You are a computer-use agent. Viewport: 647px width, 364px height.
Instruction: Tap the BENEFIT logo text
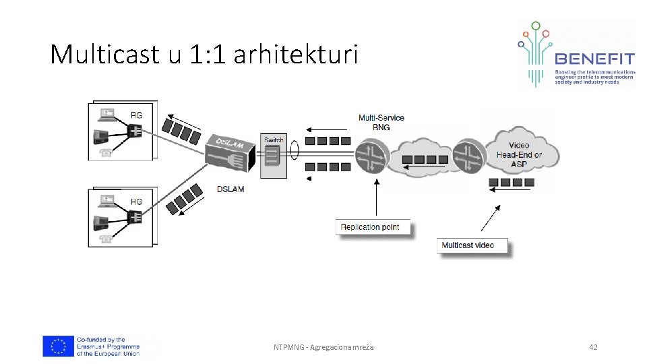pyautogui.click(x=594, y=59)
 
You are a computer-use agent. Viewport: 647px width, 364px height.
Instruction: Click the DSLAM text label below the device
pyautogui.click(x=230, y=189)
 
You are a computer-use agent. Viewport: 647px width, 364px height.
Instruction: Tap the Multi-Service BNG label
pyautogui.click(x=381, y=122)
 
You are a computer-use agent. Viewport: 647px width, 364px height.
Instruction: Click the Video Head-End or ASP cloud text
pyautogui.click(x=519, y=154)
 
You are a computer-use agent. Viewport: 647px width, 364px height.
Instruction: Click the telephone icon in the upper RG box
pyautogui.click(x=105, y=152)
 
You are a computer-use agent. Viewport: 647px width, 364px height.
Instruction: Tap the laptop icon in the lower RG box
pyautogui.click(x=106, y=200)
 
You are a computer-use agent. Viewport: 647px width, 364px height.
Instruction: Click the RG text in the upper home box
pyautogui.click(x=137, y=115)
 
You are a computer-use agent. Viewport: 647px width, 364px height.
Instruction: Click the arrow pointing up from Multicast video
pyautogui.click(x=491, y=218)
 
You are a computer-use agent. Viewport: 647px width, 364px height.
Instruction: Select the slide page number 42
pyautogui.click(x=593, y=347)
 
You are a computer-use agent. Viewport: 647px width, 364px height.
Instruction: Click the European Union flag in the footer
pyautogui.click(x=58, y=346)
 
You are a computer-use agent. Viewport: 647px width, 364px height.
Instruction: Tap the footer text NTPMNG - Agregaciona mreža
pyautogui.click(x=323, y=347)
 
